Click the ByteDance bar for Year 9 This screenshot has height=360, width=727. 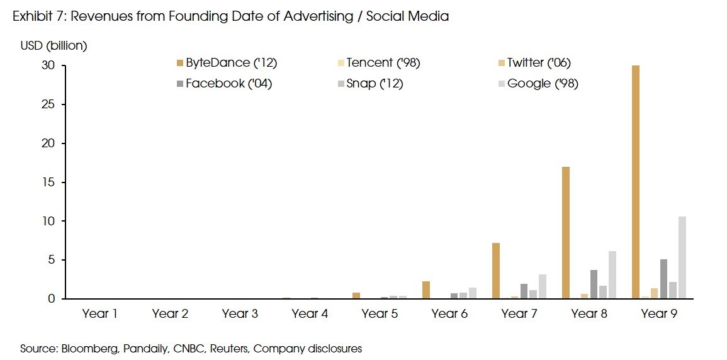(x=636, y=182)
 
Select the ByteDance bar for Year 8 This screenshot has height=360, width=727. (x=566, y=233)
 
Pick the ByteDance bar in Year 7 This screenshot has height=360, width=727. (x=496, y=271)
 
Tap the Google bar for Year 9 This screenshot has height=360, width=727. (x=682, y=257)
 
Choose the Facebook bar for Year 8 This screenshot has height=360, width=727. (x=594, y=284)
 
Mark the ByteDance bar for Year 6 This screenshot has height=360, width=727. (x=426, y=290)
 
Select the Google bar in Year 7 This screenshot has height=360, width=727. (x=543, y=286)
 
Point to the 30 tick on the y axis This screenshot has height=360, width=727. (x=49, y=65)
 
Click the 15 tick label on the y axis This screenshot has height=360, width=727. (x=49, y=182)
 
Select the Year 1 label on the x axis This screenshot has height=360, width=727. (x=99, y=313)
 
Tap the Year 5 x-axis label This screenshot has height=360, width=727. (x=380, y=313)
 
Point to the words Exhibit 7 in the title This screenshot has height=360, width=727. (x=38, y=16)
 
